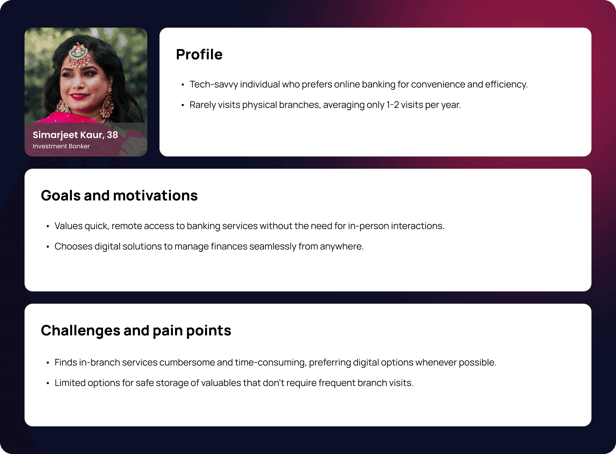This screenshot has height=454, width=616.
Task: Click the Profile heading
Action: pos(199,54)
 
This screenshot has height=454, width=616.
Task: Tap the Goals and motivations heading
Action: pos(119,195)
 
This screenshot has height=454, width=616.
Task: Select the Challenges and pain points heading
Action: pos(136,331)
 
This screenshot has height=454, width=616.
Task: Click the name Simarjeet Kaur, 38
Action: pos(75,135)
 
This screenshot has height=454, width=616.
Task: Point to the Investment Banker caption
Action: pos(61,146)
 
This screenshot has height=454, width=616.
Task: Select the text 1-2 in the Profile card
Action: pos(392,105)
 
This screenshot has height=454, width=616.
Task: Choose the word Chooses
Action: pos(73,247)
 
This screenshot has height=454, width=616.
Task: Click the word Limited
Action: pos(70,383)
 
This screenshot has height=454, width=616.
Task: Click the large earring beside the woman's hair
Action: pos(107,103)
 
